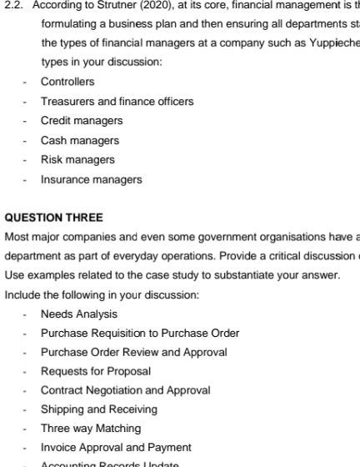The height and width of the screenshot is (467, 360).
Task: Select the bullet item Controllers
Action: [x=67, y=82]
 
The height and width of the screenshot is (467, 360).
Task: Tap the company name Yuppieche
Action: [x=331, y=44]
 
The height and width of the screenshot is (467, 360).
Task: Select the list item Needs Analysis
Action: [x=79, y=314]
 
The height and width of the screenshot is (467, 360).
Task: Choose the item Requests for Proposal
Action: [x=96, y=371]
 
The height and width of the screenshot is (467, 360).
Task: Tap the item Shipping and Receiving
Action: [x=98, y=409]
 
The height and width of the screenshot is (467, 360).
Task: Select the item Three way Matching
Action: [x=91, y=428]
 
